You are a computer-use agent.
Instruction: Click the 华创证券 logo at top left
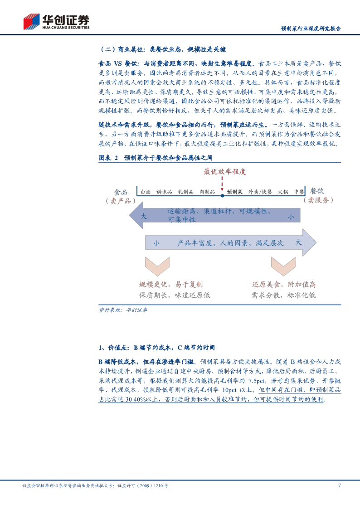coord(56,21)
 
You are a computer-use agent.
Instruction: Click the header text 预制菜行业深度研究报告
coord(311,29)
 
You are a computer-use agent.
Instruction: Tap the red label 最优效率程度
coord(224,172)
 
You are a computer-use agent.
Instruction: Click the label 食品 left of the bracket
coord(121,192)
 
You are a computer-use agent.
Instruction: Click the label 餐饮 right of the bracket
coord(317,191)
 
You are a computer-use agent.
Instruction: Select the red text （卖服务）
coord(318,200)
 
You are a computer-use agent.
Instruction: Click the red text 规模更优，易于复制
coord(170,285)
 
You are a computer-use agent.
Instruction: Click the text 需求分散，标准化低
coord(283,295)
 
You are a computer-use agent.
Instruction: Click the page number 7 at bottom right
coord(340,485)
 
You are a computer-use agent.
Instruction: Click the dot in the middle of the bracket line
coord(222,196)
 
